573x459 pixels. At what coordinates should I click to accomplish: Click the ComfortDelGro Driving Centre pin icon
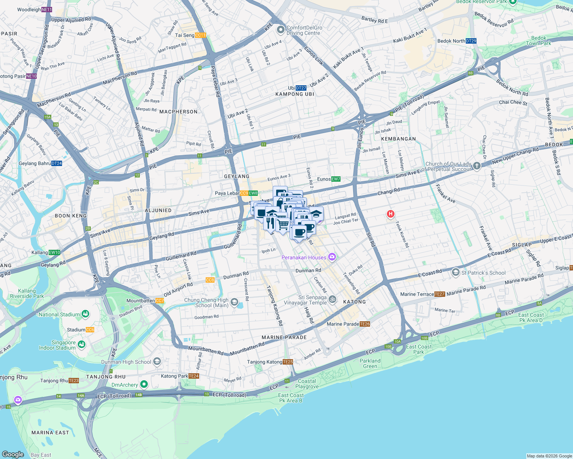click(x=281, y=29)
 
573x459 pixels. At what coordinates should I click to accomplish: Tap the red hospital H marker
click(x=390, y=214)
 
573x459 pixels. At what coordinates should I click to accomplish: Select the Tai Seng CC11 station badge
click(x=200, y=35)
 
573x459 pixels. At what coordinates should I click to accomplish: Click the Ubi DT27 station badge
click(x=301, y=88)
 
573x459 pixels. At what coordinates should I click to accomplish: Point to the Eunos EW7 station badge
click(x=336, y=179)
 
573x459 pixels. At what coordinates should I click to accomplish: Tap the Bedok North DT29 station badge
click(x=471, y=41)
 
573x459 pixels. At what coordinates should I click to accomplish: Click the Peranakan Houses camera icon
click(x=332, y=257)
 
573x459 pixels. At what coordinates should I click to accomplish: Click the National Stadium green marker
click(x=85, y=314)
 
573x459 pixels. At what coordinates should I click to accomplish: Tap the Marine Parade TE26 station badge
click(x=365, y=324)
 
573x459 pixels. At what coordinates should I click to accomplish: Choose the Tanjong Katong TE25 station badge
click(x=288, y=362)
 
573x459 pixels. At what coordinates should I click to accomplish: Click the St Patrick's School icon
click(x=455, y=272)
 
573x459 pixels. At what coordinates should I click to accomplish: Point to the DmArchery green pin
click(x=144, y=384)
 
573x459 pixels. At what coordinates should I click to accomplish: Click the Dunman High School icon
click(x=157, y=361)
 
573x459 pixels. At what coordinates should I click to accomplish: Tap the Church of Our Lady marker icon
click(x=476, y=166)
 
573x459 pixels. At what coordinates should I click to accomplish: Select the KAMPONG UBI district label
click(x=295, y=94)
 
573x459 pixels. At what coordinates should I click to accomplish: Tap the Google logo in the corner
click(x=13, y=454)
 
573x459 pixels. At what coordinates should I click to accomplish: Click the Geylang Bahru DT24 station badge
click(x=56, y=163)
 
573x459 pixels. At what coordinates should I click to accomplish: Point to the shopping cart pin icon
click(x=283, y=224)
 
